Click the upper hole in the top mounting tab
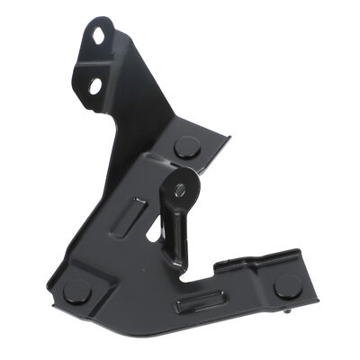pyautogui.click(x=96, y=35)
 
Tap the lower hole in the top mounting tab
pyautogui.click(x=94, y=85)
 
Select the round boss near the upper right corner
pyautogui.click(x=186, y=147)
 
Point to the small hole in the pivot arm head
pyautogui.click(x=180, y=189)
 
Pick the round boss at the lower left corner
pyautogui.click(x=77, y=291)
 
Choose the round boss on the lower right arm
pyautogui.click(x=288, y=286)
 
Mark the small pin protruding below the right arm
pyautogui.click(x=286, y=312)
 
